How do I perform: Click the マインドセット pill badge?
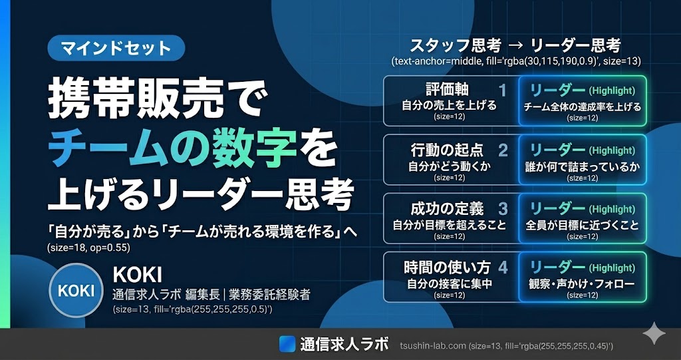pyautogui.click(x=116, y=47)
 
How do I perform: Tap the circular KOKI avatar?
pyautogui.click(x=76, y=290)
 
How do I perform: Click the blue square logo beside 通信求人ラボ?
pyautogui.click(x=287, y=344)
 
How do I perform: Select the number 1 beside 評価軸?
pyautogui.click(x=503, y=91)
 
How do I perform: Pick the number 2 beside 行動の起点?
pyautogui.click(x=503, y=150)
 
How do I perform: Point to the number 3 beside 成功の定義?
pyautogui.click(x=503, y=209)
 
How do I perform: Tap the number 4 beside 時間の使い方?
pyautogui.click(x=503, y=268)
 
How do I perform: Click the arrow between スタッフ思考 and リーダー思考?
pyautogui.click(x=517, y=46)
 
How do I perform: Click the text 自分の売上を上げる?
pyautogui.click(x=449, y=106)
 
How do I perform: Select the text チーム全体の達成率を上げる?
pyautogui.click(x=583, y=106)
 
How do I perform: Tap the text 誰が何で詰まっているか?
pyautogui.click(x=583, y=166)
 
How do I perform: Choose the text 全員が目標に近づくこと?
pyautogui.click(x=583, y=226)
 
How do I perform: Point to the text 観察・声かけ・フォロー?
pyautogui.click(x=583, y=284)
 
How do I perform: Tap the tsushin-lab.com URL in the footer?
pyautogui.click(x=433, y=346)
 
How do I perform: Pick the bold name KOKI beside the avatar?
pyautogui.click(x=137, y=274)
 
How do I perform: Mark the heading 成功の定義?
pyautogui.click(x=448, y=209)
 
